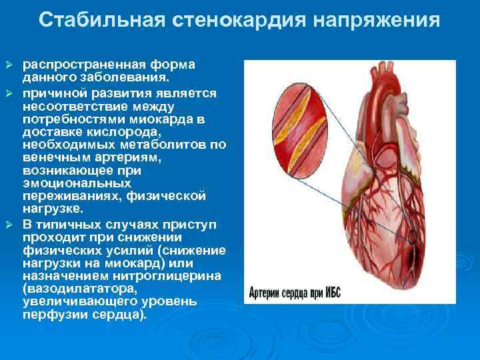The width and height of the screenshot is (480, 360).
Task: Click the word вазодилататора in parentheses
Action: pyautogui.click(x=81, y=289)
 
